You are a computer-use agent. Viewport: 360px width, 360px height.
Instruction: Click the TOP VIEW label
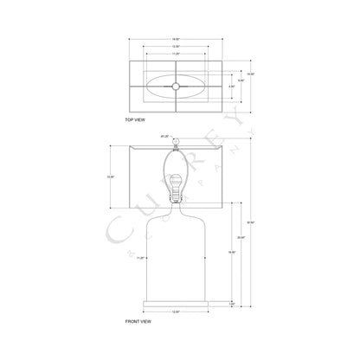136,119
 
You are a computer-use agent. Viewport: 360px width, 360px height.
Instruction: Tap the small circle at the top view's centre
177,86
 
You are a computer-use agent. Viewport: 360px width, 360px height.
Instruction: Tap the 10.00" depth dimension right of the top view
251,74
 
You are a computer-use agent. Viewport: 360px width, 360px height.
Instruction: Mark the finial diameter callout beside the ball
164,137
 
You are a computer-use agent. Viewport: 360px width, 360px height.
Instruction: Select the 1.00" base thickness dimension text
231,304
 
